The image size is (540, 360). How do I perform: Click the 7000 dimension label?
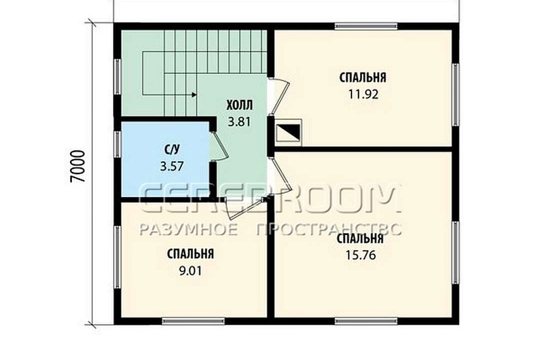(77, 166)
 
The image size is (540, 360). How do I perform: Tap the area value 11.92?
(363, 94)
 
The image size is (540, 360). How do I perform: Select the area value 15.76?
(360, 255)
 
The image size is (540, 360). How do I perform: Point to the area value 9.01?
(190, 271)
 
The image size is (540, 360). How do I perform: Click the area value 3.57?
(172, 166)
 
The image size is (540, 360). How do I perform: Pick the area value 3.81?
(240, 122)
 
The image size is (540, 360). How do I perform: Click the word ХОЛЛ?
(240, 105)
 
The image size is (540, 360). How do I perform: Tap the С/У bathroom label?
(172, 149)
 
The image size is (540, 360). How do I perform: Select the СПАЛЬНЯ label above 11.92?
(363, 77)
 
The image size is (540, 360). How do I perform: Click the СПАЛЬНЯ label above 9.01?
(190, 254)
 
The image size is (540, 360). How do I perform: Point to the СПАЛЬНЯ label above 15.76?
(360, 238)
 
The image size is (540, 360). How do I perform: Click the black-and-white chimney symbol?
(289, 131)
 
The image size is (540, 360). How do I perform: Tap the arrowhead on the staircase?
(194, 94)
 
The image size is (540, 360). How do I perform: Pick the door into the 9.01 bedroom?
(247, 207)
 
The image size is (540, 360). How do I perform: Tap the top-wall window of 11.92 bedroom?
(366, 26)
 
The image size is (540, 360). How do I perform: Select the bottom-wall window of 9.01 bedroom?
(194, 321)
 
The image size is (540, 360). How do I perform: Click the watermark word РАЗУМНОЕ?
(189, 228)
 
